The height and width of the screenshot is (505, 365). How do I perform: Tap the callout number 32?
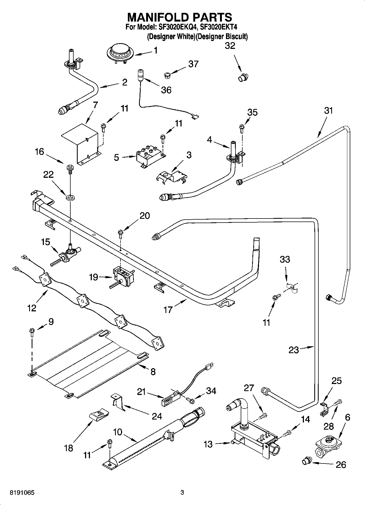tap(230, 46)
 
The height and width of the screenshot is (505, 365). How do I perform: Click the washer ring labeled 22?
tap(70, 197)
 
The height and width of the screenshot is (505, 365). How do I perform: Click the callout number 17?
tap(168, 309)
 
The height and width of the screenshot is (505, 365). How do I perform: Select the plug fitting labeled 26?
tap(306, 462)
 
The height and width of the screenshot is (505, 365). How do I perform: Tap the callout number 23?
tap(294, 350)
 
